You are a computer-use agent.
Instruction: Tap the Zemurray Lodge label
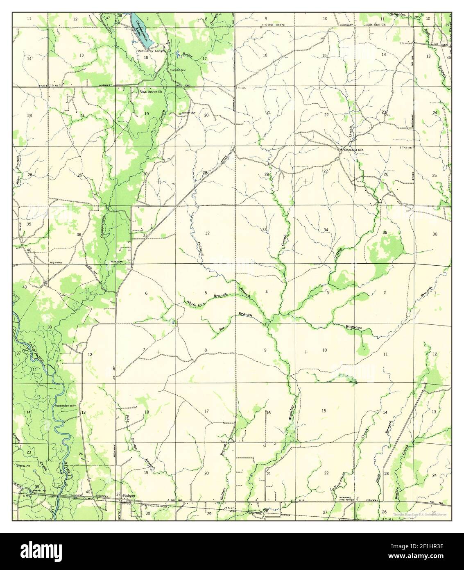150,51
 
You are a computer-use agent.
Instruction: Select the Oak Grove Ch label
151,91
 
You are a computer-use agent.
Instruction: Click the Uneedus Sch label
353,150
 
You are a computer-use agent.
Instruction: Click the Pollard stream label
201,249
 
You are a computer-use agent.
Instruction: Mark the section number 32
207,233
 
